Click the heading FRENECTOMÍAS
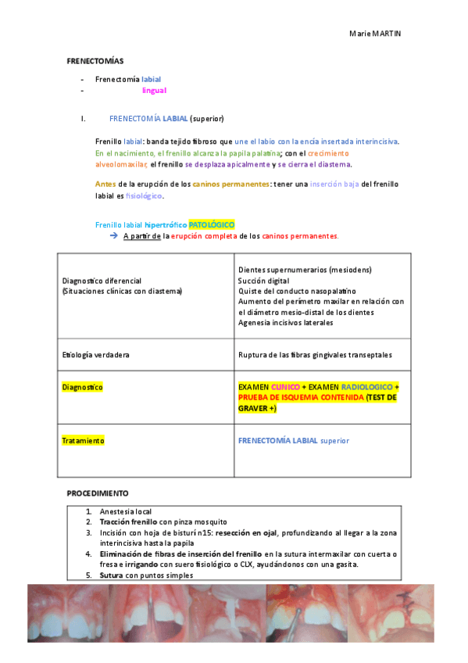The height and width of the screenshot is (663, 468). click(x=95, y=60)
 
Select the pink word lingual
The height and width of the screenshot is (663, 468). click(x=154, y=91)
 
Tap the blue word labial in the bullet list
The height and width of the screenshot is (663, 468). click(x=152, y=79)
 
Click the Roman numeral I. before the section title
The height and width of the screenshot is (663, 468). click(x=82, y=119)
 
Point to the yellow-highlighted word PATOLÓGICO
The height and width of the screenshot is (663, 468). click(x=212, y=224)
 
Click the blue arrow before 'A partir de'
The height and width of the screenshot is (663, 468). click(x=113, y=235)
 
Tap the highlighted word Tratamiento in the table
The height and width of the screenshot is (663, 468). click(x=83, y=441)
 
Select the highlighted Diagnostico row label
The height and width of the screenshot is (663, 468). click(x=83, y=387)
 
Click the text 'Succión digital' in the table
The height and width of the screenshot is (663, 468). click(x=264, y=280)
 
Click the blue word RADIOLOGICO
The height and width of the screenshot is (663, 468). click(x=366, y=387)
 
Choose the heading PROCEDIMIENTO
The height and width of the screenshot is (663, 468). click(x=98, y=493)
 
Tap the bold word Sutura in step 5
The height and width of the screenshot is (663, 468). click(x=112, y=575)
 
